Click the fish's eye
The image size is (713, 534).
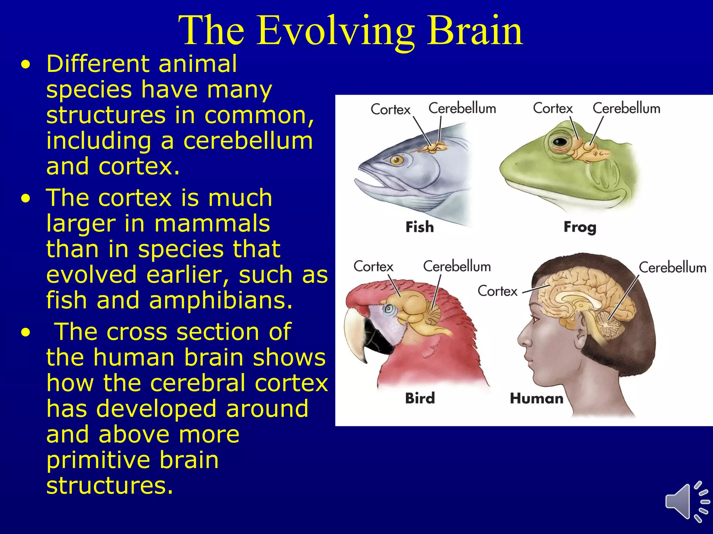(x=396, y=160)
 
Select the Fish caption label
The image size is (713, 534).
(x=420, y=227)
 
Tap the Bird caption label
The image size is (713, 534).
(x=420, y=398)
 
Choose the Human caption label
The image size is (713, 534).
(x=536, y=398)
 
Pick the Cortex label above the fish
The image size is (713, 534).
(x=391, y=110)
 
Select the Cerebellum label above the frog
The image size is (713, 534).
(x=626, y=108)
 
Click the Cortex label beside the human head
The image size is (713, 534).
(x=497, y=291)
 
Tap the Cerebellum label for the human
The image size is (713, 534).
(x=672, y=268)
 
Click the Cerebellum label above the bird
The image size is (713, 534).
(x=457, y=266)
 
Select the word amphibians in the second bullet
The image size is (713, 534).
(x=221, y=300)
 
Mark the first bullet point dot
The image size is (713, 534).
(x=25, y=65)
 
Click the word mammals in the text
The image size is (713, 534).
(x=212, y=223)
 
